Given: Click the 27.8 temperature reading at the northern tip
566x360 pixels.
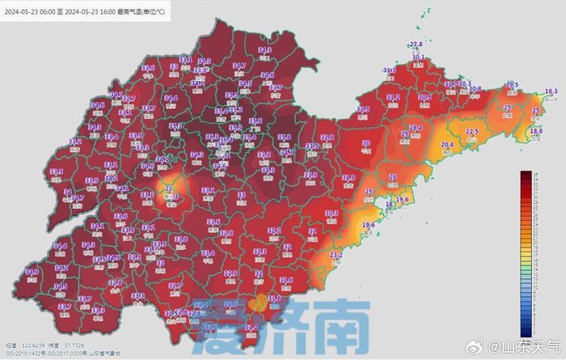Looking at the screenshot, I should click(x=416, y=44).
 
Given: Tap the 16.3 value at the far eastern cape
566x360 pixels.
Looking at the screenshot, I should click(x=551, y=91).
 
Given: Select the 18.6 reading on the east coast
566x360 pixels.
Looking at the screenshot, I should click(x=536, y=130).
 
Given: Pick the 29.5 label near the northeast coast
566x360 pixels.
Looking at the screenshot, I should click(x=511, y=84).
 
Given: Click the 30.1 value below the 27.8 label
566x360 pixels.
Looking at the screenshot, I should click(x=418, y=57).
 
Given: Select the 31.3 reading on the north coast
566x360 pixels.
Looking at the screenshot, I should click(x=390, y=70).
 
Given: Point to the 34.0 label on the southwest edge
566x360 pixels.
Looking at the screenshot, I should click(x=32, y=272).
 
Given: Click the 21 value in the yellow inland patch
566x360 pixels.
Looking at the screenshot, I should click(x=169, y=189).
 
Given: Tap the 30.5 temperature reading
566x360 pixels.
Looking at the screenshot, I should click(x=424, y=97).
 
